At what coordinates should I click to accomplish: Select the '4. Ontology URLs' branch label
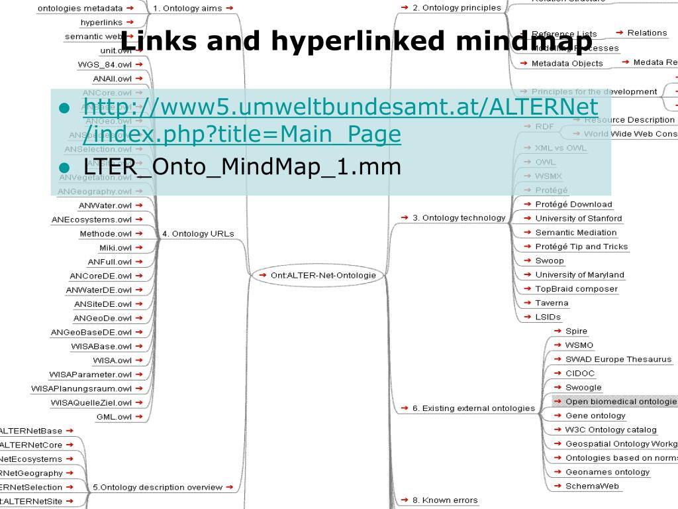coord(198,233)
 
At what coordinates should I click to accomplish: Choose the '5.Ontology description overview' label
coord(158,487)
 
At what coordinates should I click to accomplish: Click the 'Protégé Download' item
coord(573,204)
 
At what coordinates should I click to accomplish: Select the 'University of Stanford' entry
coord(578,218)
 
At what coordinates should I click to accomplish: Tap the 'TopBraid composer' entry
coord(576,289)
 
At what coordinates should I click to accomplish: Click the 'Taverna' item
coord(552,303)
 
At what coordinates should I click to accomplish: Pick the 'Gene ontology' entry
coord(595,416)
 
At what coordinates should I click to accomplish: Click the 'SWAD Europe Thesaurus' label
coord(618,359)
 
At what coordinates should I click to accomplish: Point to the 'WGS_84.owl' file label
coord(105,64)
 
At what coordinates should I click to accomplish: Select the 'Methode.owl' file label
coord(106,233)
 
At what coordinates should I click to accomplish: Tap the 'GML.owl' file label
coord(114,417)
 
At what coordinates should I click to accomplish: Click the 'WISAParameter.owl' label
coord(91,374)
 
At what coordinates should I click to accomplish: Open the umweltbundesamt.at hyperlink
coord(341,107)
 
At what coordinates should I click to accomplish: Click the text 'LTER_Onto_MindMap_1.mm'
coord(242,166)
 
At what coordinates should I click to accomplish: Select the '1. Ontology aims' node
coord(188,9)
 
